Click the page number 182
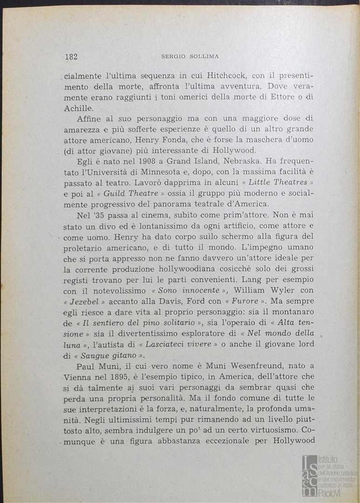coord(71,57)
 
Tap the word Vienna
coord(77,377)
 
